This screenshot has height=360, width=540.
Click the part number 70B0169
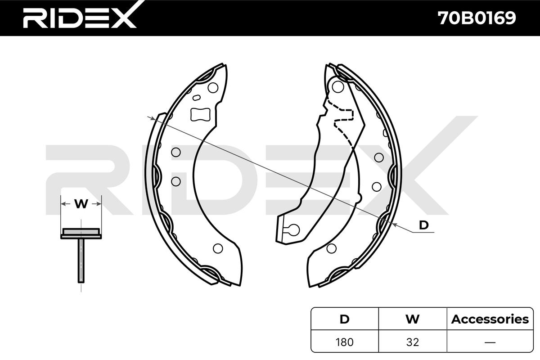pos(477,18)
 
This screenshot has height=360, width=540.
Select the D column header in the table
pos(345,319)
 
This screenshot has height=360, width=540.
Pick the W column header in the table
pos(413,319)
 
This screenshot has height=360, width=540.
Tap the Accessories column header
pos(490,319)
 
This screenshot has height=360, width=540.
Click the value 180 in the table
pos(345,342)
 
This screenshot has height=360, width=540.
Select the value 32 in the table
pos(413,342)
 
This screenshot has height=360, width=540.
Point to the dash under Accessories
pos(490,342)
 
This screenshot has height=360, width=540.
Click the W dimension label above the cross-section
pos(81,204)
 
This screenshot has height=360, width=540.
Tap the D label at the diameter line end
pos(424,225)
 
